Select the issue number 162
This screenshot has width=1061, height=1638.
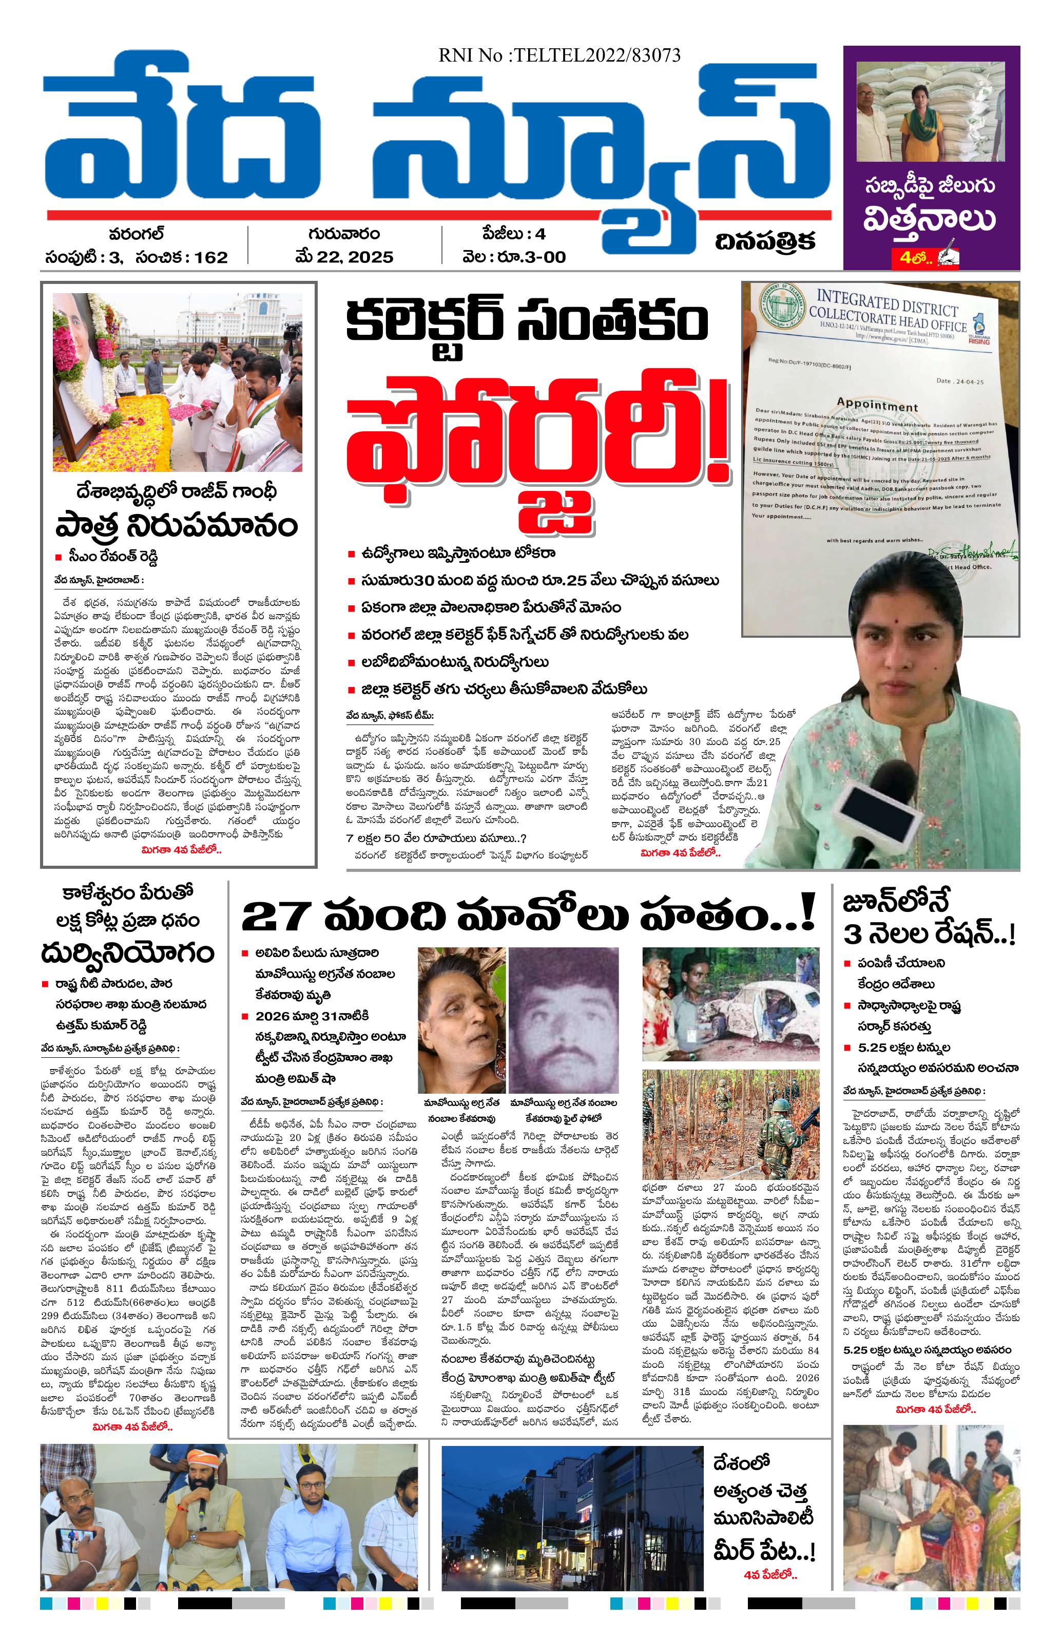click(210, 257)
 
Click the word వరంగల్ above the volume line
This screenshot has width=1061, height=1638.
click(136, 235)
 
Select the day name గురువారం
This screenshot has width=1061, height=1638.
click(343, 235)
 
